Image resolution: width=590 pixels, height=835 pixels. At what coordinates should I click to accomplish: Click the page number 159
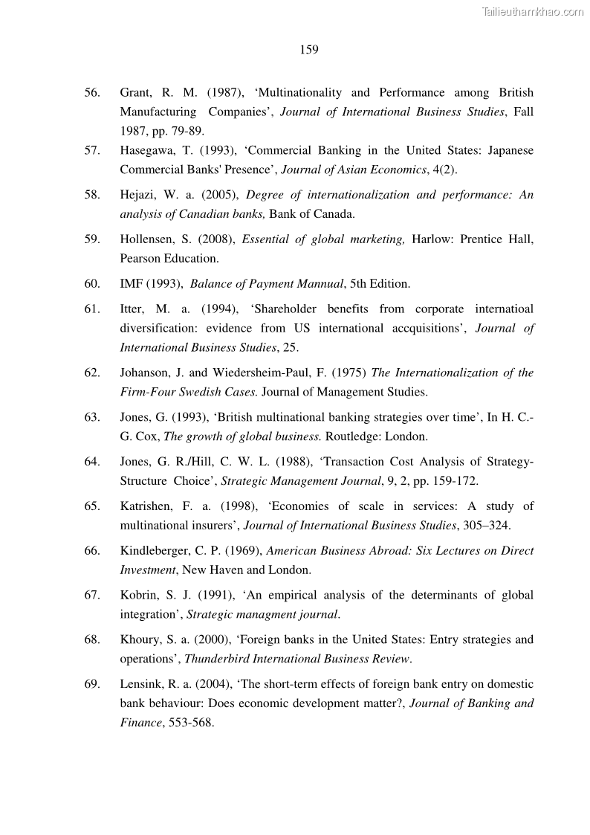[309, 50]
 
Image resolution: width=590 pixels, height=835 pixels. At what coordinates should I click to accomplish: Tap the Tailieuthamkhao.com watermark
[533, 11]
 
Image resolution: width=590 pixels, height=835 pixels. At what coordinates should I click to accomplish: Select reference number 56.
[92, 93]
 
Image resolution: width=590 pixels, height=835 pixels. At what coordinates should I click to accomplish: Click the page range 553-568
[187, 722]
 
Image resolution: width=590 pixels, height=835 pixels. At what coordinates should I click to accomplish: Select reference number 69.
[92, 684]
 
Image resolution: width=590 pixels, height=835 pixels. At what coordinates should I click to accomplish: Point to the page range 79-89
[185, 131]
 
